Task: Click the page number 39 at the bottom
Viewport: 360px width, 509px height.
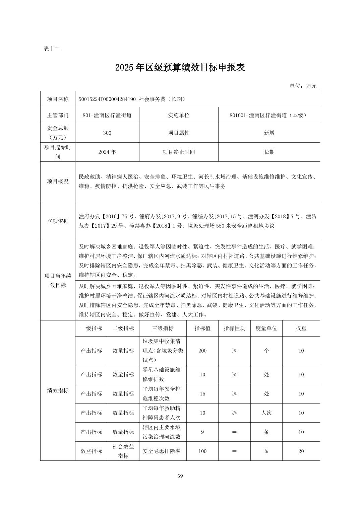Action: [x=180, y=476]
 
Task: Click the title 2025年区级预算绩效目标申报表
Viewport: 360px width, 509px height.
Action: [x=180, y=67]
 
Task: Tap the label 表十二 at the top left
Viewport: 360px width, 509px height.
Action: [x=52, y=49]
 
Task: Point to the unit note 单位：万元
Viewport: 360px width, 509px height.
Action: [x=303, y=86]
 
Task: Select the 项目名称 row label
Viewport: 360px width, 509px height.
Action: [x=58, y=99]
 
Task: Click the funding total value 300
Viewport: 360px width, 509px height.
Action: [x=107, y=133]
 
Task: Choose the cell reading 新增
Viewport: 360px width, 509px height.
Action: [x=269, y=133]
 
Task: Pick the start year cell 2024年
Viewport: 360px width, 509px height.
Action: [x=107, y=152]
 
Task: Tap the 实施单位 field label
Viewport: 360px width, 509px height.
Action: [x=178, y=115]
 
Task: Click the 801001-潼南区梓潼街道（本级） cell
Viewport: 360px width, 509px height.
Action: [x=269, y=115]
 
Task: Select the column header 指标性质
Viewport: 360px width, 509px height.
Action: [x=234, y=328]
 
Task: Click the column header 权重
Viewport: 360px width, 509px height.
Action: [x=301, y=328]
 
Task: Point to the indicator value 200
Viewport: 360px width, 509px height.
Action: [x=202, y=351]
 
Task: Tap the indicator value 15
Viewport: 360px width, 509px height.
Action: [x=202, y=394]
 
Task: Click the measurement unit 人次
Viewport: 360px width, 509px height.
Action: [x=266, y=413]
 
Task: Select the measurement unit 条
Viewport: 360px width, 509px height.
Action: [x=266, y=432]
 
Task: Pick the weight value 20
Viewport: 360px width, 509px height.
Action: [x=301, y=451]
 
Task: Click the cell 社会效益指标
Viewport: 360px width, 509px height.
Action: [x=123, y=451]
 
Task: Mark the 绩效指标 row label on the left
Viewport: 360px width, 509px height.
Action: [x=58, y=390]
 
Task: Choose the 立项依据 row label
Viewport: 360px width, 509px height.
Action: [x=58, y=221]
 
